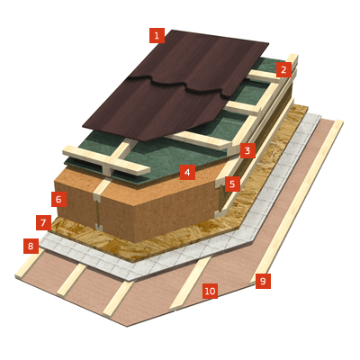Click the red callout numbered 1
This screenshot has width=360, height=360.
157,36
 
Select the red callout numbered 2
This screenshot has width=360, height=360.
283,69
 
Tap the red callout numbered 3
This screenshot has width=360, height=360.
247,150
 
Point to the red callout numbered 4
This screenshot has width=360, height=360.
187,172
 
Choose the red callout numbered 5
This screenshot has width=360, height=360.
232,184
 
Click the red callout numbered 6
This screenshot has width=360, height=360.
58,199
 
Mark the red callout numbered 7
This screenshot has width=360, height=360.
43,222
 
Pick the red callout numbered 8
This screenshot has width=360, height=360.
31,246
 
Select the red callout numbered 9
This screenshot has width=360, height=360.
263,281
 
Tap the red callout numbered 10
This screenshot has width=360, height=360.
210,291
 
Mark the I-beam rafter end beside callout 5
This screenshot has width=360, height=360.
220,200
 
